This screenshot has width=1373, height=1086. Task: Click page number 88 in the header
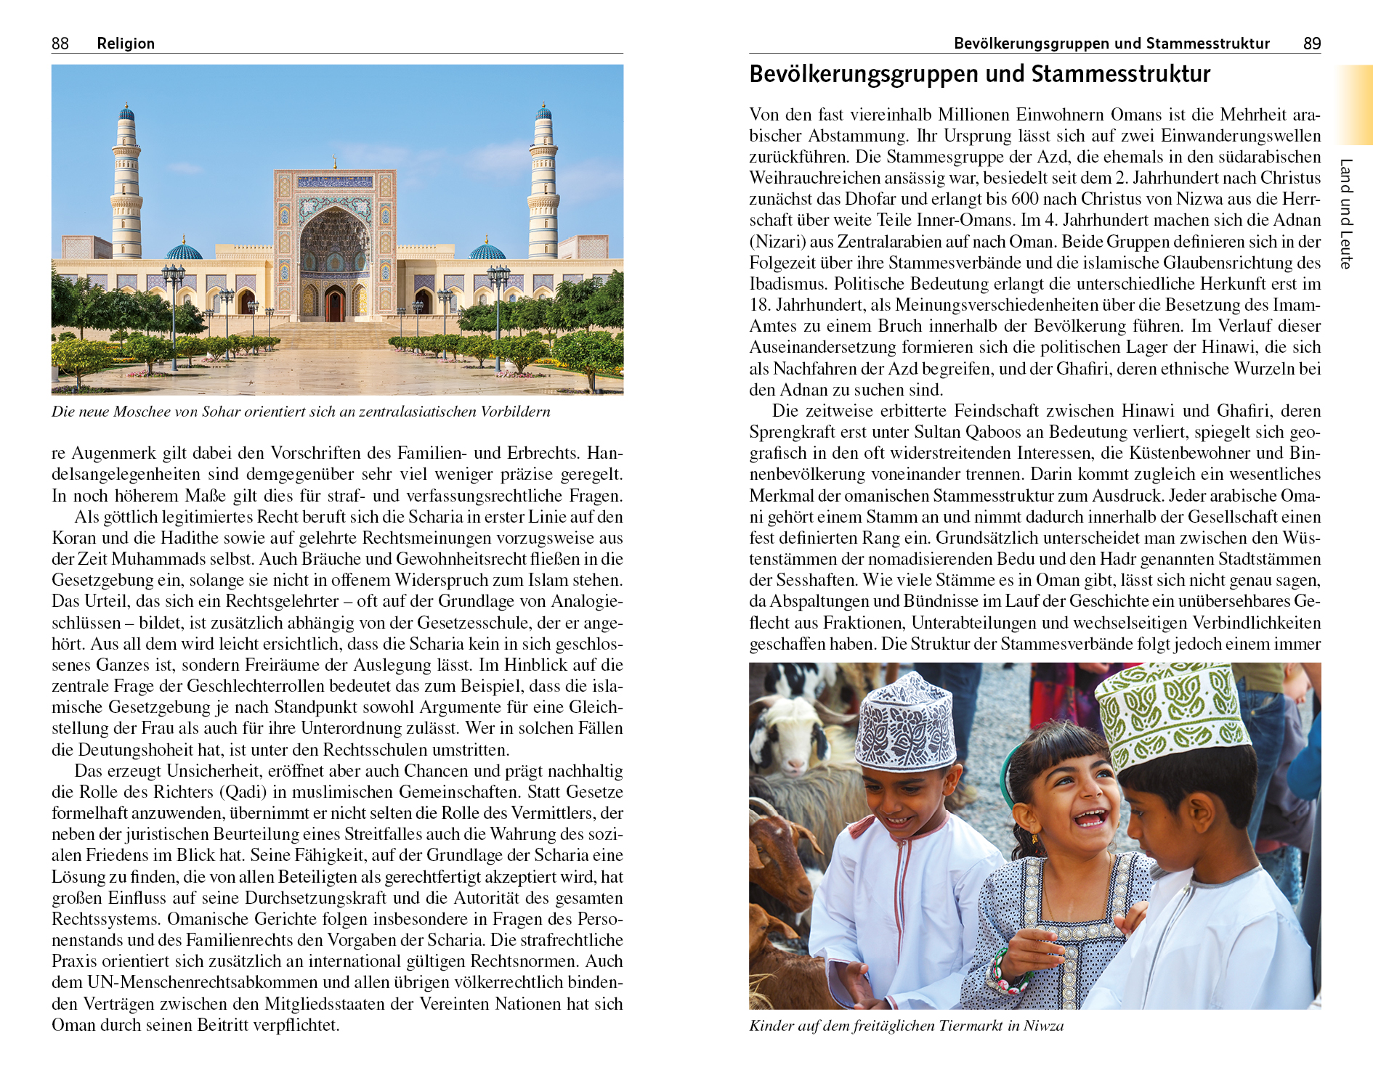tap(60, 44)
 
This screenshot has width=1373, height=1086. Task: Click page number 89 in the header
tap(1311, 44)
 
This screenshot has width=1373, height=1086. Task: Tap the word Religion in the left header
tap(126, 44)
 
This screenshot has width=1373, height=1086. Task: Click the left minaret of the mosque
tap(126, 185)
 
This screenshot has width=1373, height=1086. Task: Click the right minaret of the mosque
tap(543, 185)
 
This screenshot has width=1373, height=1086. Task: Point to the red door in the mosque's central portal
tap(334, 304)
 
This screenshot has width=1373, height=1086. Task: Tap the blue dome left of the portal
tap(184, 251)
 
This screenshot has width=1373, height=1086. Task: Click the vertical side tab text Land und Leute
tap(1345, 213)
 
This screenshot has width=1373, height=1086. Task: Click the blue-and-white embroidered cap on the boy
tap(904, 722)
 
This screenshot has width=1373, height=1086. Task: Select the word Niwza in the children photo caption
tap(1043, 1026)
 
